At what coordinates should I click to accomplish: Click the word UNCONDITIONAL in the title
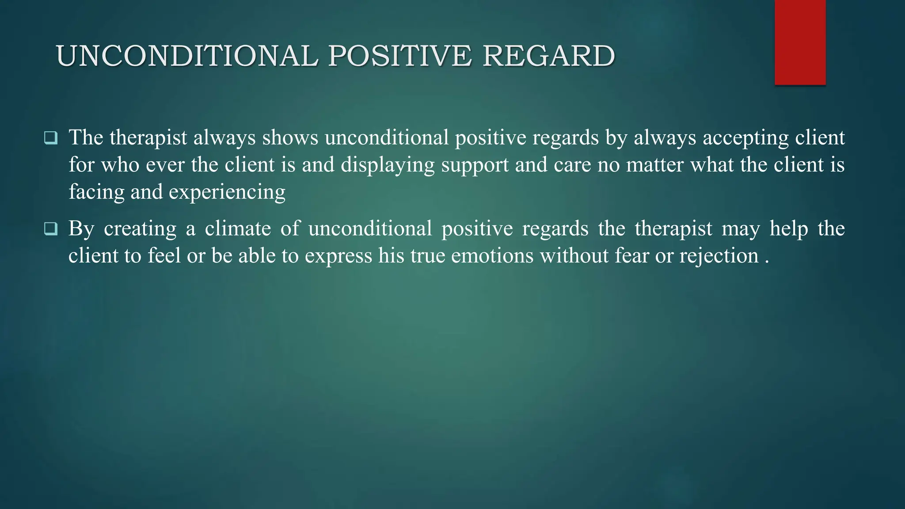tap(187, 57)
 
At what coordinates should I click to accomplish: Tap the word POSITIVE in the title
tap(400, 57)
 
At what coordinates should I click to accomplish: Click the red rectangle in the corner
tap(800, 42)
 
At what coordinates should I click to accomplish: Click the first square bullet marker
tap(51, 138)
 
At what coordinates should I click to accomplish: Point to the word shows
tap(290, 137)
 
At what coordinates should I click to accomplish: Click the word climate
tap(238, 229)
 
